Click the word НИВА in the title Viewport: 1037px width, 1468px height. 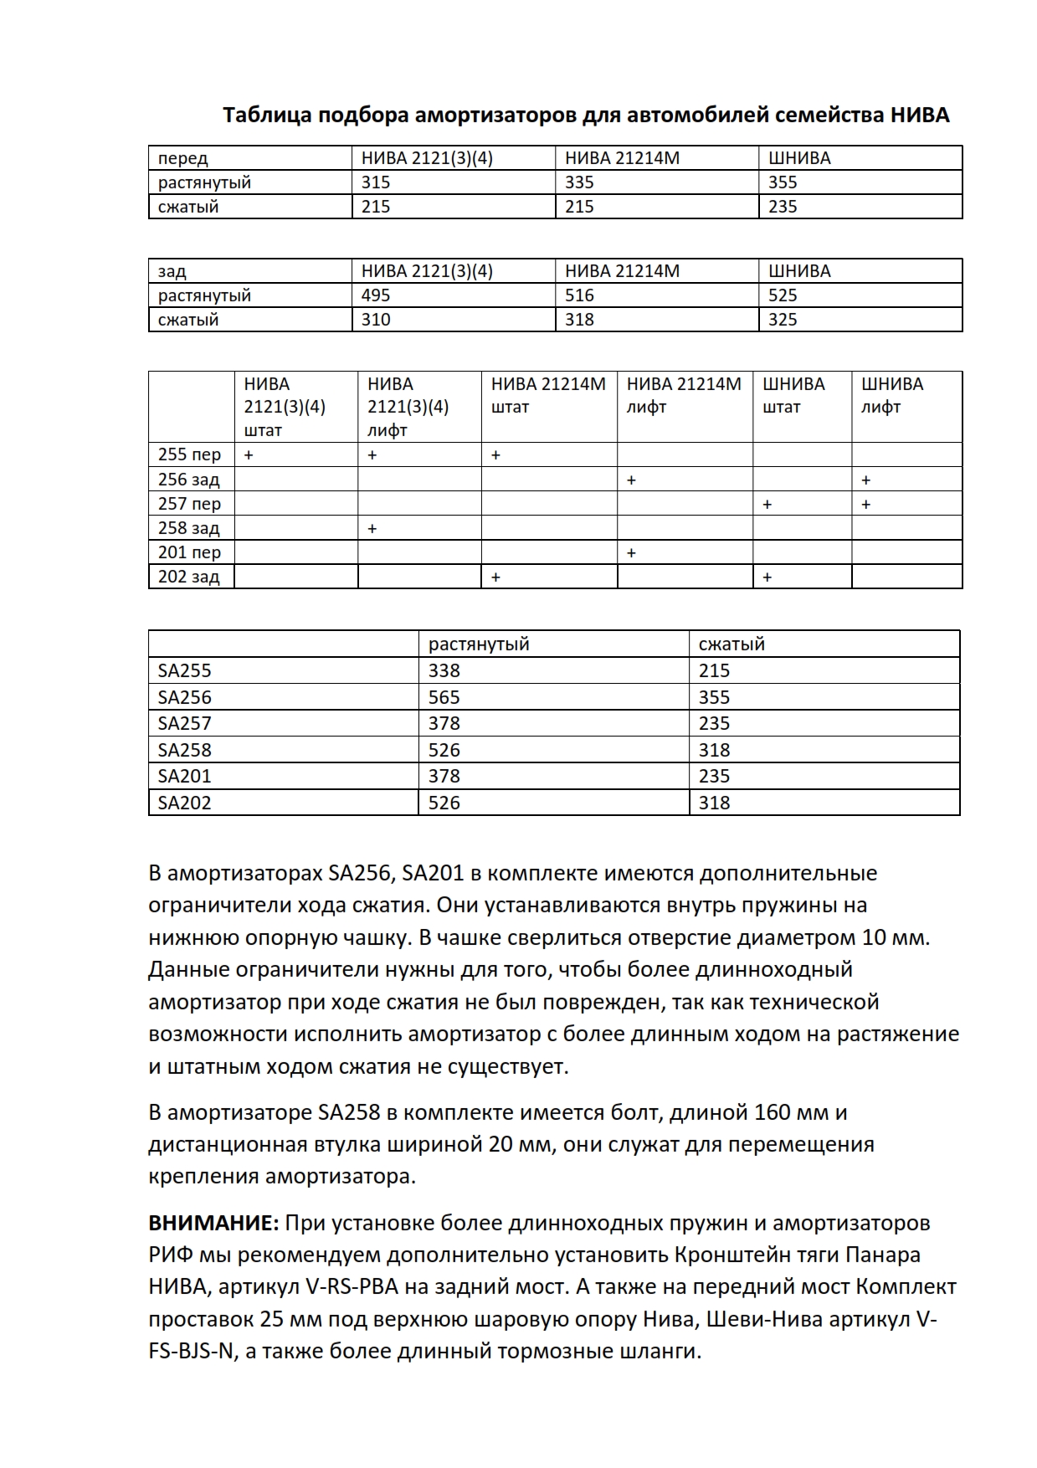pos(919,115)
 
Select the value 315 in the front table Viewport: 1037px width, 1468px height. pos(376,182)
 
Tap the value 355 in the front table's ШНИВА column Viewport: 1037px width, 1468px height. pos(783,182)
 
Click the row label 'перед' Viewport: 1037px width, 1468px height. pos(182,158)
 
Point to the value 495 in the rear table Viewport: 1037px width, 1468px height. pos(376,295)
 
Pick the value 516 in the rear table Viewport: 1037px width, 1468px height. pos(579,295)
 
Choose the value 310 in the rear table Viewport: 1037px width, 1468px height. pos(376,320)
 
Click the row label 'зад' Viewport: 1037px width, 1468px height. pos(172,271)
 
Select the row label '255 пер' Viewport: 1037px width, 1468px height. pos(189,454)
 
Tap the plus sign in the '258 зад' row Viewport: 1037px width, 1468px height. pos(372,529)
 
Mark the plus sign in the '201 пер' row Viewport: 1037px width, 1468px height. pos(631,553)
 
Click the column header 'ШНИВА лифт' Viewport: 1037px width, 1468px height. pos(892,396)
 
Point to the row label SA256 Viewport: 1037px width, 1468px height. pos(185,697)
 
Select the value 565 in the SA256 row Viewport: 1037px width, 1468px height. pos(444,697)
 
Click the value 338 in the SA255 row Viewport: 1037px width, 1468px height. pos(444,670)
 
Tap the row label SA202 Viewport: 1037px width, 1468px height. pos(185,803)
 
